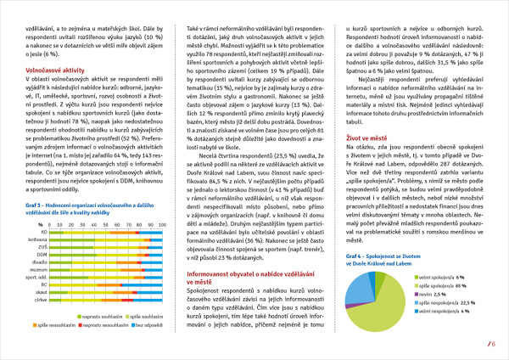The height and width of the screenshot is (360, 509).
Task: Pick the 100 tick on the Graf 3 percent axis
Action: point(163,223)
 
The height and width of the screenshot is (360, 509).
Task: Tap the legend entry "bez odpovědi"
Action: point(151,324)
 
